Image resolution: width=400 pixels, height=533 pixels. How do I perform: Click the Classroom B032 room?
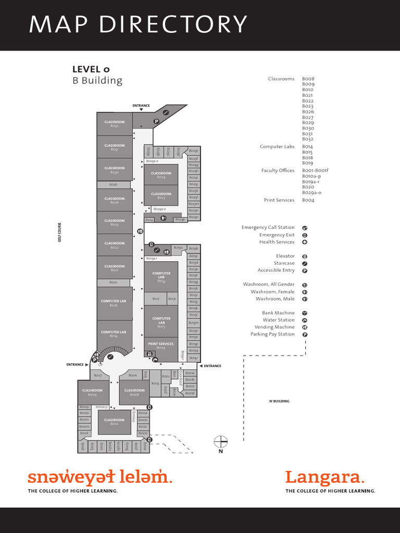coord(115,124)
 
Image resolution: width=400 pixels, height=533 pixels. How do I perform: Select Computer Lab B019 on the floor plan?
coord(161,276)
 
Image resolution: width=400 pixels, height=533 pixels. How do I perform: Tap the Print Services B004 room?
coord(161,346)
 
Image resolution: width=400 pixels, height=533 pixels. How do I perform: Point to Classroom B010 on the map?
coord(114,422)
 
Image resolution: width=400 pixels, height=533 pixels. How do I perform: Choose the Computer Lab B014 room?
coord(114,334)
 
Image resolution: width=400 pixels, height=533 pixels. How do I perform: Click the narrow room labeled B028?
coord(114,185)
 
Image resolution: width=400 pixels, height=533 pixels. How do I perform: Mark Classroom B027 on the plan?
coord(161,196)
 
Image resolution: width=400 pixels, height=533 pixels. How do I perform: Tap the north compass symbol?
coord(221,442)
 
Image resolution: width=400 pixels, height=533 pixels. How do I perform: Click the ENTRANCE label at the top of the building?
coord(141,106)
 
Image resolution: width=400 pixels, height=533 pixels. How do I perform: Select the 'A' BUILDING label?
coord(279,401)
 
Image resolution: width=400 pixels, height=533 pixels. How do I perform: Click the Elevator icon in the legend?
coord(305,256)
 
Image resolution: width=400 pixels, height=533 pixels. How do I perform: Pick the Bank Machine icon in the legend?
coord(305,313)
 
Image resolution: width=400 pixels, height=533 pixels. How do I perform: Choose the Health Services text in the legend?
coord(277,242)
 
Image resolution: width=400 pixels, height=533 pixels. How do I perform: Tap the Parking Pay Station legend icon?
coord(305,335)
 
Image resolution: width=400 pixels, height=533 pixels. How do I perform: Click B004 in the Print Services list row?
coord(308,200)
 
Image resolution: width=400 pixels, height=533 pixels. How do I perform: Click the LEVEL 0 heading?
coord(91,69)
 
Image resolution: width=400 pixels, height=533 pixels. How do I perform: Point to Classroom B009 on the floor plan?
coord(92,392)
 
